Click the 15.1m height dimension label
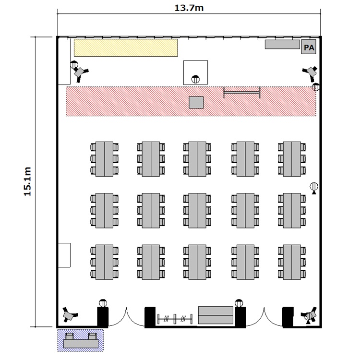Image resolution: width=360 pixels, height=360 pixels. click(x=27, y=181)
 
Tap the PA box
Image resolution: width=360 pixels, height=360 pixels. click(x=308, y=48)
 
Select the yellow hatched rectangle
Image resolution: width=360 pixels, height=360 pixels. click(x=126, y=47)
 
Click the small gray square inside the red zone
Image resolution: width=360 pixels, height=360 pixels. click(x=196, y=102)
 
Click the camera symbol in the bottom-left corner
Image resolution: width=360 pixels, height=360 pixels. click(x=70, y=315)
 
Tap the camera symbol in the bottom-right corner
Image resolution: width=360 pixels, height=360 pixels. click(x=309, y=314)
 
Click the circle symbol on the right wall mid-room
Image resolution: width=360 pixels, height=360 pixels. click(x=313, y=186)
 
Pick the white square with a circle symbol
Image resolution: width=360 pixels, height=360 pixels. click(x=195, y=72)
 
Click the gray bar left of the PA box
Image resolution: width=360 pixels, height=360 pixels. click(x=282, y=44)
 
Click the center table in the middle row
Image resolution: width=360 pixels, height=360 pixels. click(x=196, y=209)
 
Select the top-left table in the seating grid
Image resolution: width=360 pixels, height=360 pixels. click(x=104, y=158)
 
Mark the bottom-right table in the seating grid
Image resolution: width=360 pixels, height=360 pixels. click(x=291, y=262)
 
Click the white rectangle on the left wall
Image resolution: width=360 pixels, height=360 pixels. click(x=64, y=255)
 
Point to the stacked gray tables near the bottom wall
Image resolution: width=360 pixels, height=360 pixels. click(x=216, y=315)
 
